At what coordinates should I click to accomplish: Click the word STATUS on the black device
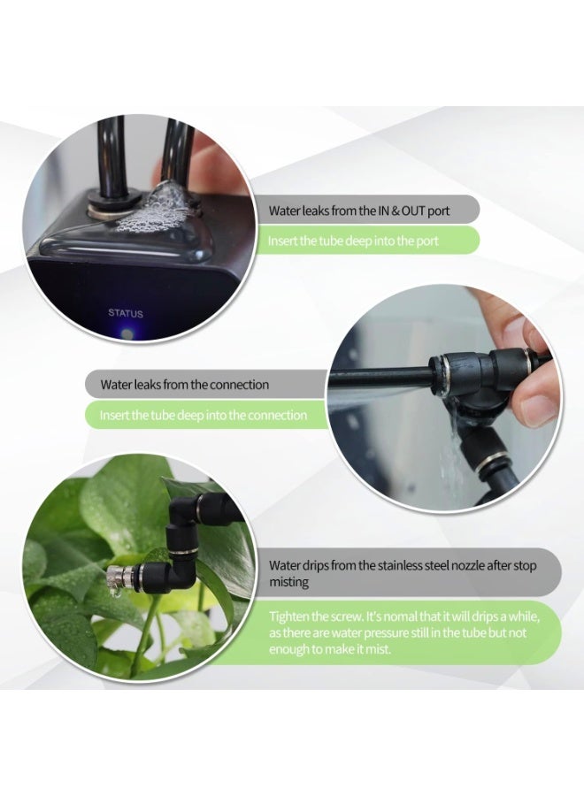(x=125, y=313)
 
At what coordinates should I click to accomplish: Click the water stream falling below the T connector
(x=453, y=451)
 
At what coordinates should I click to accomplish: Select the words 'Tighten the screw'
(x=311, y=616)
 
